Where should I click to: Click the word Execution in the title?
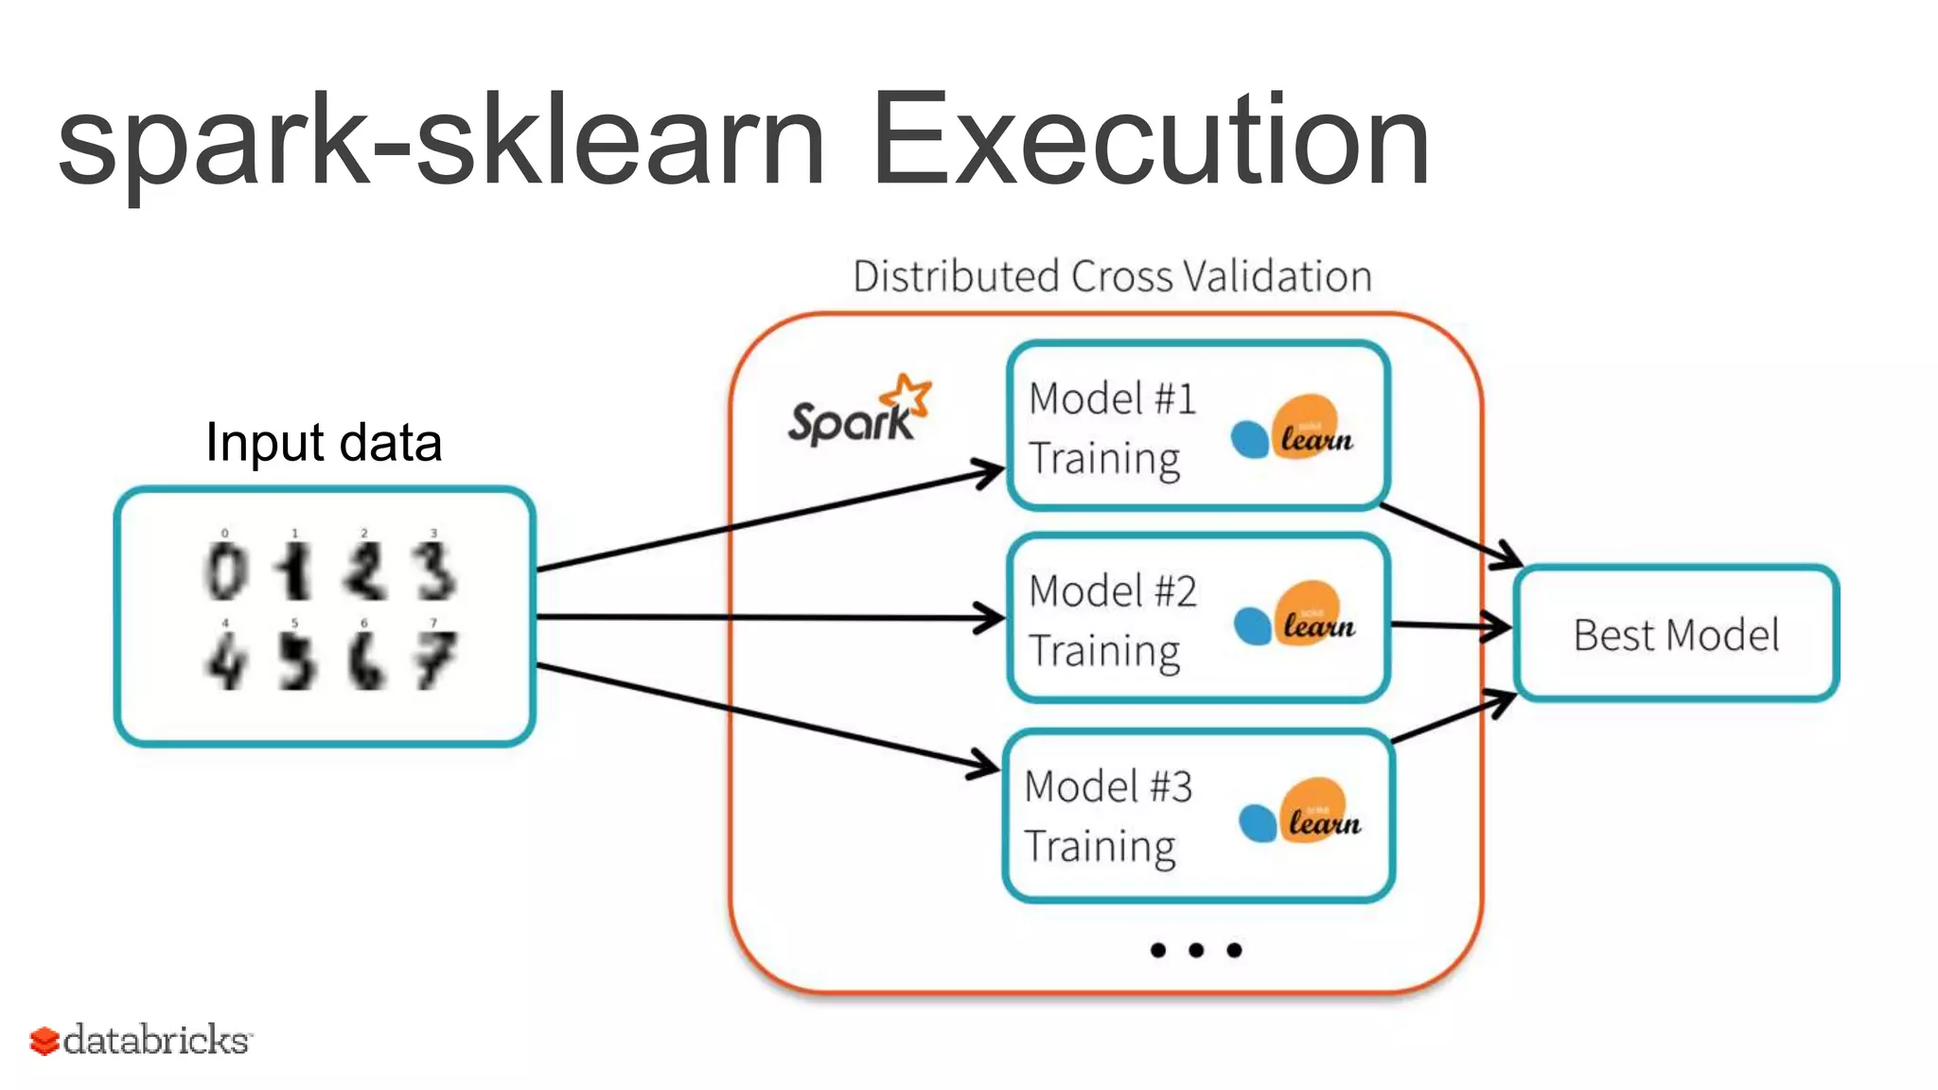(1150, 140)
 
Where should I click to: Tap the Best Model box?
(1676, 634)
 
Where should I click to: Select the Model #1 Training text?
(1112, 429)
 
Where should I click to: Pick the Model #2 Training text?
(1112, 621)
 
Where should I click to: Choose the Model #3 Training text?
(1107, 816)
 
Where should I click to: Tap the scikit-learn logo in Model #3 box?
(1300, 812)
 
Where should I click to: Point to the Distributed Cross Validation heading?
(1112, 277)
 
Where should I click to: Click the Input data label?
(324, 443)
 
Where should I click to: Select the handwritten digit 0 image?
(226, 571)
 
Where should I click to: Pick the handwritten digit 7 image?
(435, 659)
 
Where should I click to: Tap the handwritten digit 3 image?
(435, 571)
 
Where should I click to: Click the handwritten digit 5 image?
(296, 659)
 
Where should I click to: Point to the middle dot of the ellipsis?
(1196, 950)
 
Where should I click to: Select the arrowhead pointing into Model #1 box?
(989, 472)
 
